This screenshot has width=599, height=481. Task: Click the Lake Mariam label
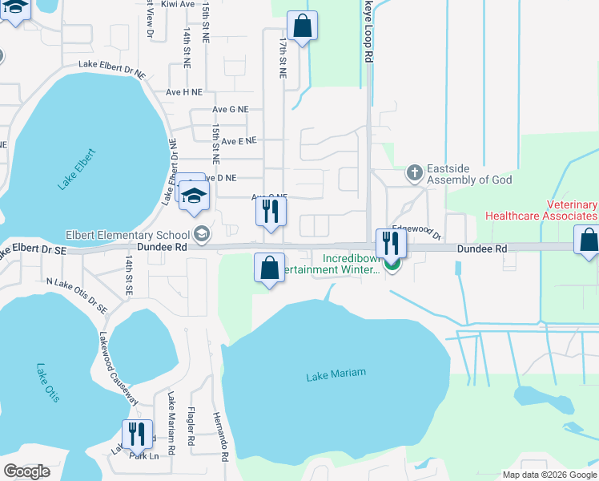(336, 374)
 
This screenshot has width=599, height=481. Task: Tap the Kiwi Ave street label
(176, 4)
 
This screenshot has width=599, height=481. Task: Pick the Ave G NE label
(231, 109)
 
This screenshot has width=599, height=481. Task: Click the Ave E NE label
(239, 140)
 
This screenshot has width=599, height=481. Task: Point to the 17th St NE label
(282, 55)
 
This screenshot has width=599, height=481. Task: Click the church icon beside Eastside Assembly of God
(414, 172)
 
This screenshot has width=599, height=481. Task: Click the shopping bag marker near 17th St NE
(303, 26)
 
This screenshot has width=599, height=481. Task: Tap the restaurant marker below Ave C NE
(270, 211)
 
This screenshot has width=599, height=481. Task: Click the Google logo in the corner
(27, 471)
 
